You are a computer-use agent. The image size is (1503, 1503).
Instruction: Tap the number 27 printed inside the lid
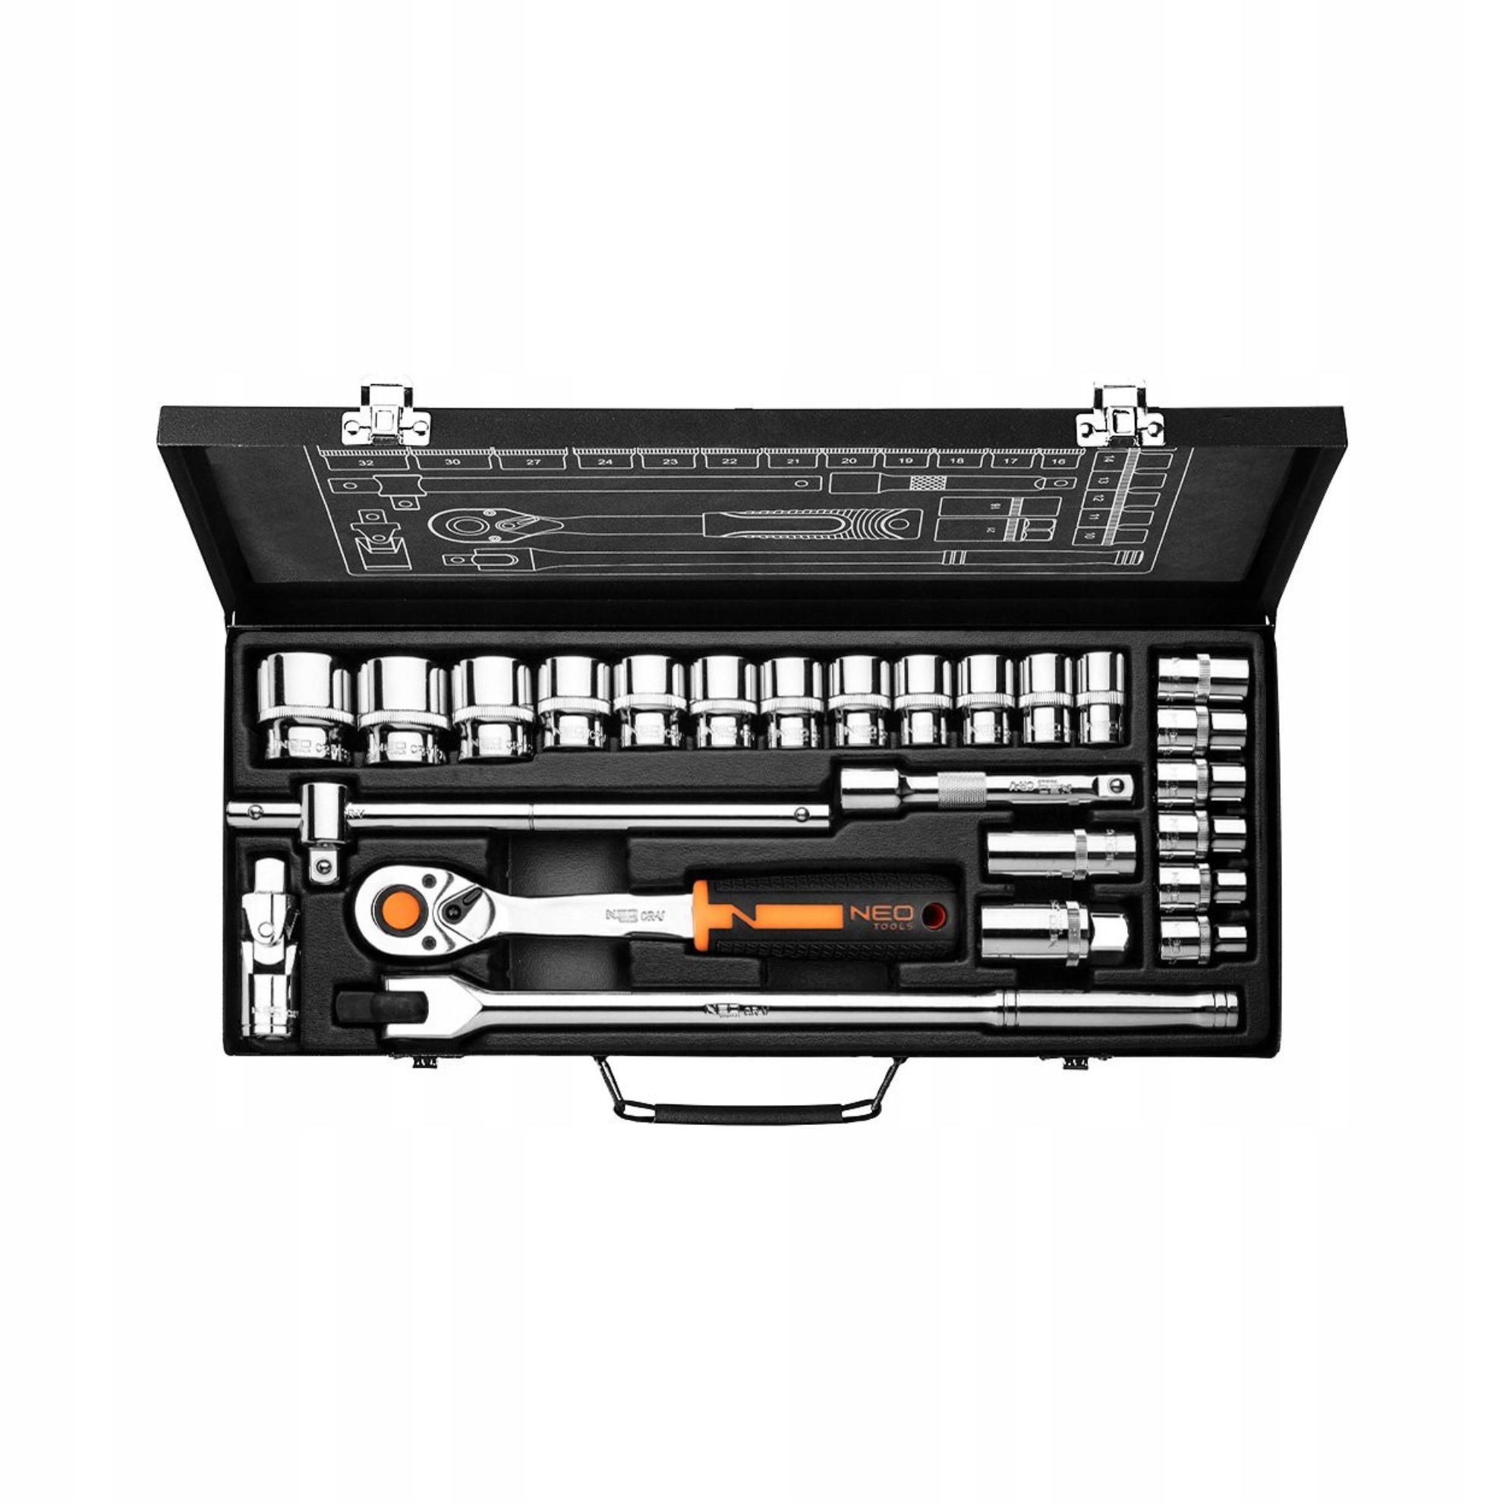pyautogui.click(x=533, y=462)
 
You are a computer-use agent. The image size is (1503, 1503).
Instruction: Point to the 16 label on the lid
pyautogui.click(x=1058, y=462)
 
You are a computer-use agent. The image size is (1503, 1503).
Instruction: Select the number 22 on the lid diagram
pyautogui.click(x=729, y=462)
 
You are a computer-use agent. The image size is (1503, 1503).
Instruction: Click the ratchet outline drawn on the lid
pyautogui.click(x=669, y=524)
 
